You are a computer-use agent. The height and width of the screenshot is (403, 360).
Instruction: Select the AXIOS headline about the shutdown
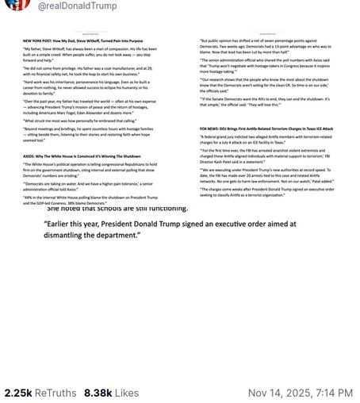click(82, 156)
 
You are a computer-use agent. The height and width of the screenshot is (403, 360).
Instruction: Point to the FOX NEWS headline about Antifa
click(266, 128)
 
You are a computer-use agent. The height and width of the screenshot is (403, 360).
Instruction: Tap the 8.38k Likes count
click(111, 393)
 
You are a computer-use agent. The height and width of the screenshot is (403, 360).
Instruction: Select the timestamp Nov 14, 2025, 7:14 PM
click(300, 393)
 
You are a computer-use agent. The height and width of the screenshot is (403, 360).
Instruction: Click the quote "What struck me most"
click(79, 120)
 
